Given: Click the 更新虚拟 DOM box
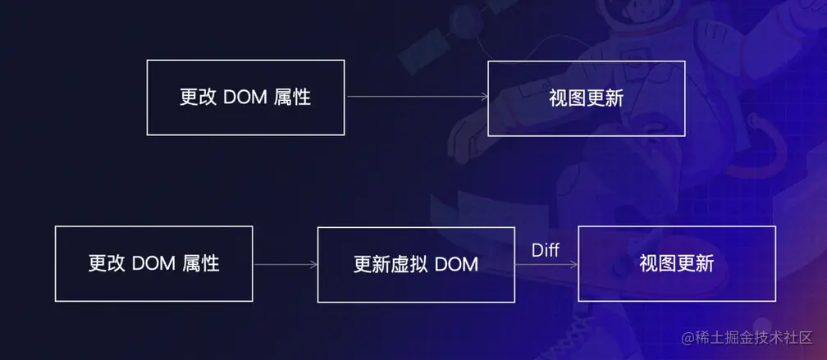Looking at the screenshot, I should [x=416, y=264].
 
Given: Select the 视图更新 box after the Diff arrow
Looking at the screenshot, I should [x=677, y=264].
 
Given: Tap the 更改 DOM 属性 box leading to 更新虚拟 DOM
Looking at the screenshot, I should [x=153, y=264].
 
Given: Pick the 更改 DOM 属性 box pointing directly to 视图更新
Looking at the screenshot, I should [x=245, y=97].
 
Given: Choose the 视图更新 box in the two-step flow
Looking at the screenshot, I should [x=586, y=98].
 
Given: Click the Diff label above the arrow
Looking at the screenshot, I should [x=546, y=250].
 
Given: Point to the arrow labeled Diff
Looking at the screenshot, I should [x=546, y=264].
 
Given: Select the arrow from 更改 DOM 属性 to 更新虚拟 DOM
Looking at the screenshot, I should [x=286, y=264].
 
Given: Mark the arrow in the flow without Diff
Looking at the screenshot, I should [x=417, y=97].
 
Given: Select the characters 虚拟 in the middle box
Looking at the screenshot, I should [x=409, y=264].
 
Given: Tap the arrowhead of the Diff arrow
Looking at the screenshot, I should [x=574, y=264].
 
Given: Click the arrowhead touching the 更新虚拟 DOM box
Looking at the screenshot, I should [x=313, y=264].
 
